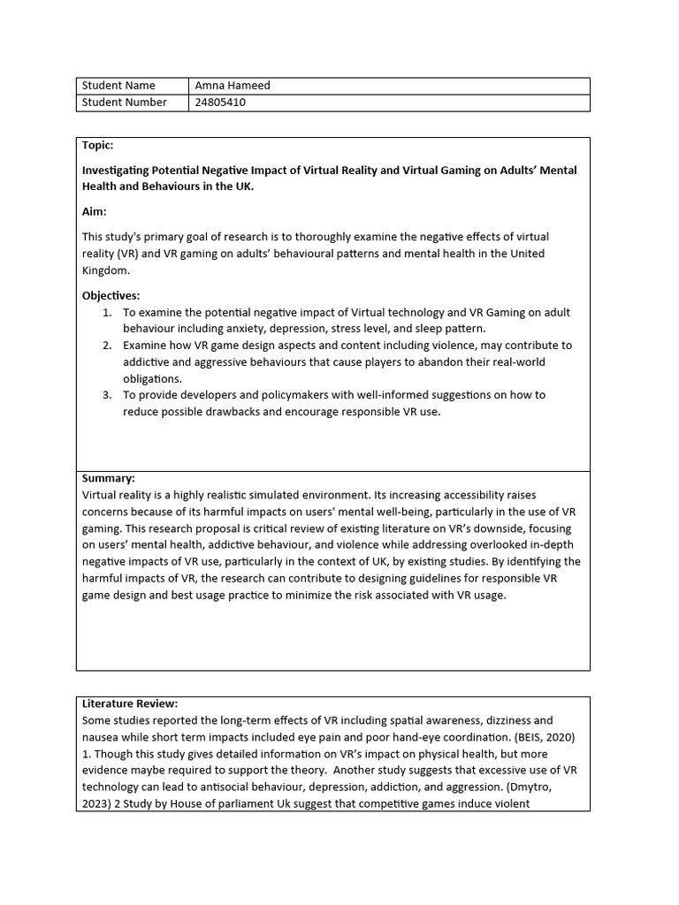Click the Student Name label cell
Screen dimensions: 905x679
coord(118,86)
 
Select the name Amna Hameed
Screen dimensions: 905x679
coord(233,86)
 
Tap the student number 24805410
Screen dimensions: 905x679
coord(220,103)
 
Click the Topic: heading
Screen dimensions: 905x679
coord(98,145)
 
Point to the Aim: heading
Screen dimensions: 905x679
coord(95,212)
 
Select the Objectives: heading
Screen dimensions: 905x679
coord(111,296)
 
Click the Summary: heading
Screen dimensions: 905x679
coord(109,478)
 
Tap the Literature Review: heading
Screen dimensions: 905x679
coord(130,703)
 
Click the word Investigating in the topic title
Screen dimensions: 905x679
coord(118,171)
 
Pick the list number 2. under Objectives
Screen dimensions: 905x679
coord(107,346)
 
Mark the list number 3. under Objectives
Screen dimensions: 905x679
coord(107,395)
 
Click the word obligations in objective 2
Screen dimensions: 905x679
coord(152,378)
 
